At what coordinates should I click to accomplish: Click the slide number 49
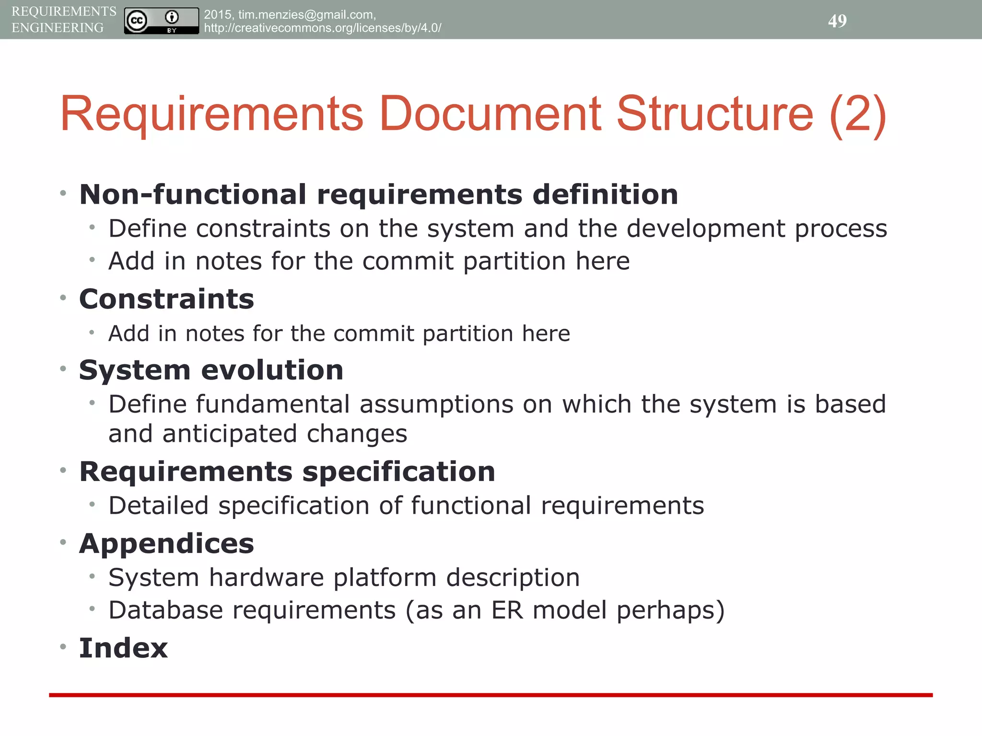coord(837,21)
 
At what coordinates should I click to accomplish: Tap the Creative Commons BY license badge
coord(161,21)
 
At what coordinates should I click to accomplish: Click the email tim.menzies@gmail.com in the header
coord(306,15)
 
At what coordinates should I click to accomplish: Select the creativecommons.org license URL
coord(322,28)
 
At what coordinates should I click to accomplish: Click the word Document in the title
coord(490,114)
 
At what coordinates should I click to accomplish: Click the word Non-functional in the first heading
coord(192,195)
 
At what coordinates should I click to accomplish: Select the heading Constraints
coord(166,299)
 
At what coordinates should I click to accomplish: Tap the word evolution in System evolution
coord(272,370)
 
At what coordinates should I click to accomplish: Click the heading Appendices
coord(166,544)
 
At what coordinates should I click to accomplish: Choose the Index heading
coord(123,648)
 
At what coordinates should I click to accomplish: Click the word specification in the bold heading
coord(398,472)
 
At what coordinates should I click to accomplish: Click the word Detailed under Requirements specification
coord(158,506)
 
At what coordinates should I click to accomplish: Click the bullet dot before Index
coord(63,647)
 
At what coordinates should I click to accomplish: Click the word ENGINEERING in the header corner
coord(58,28)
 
